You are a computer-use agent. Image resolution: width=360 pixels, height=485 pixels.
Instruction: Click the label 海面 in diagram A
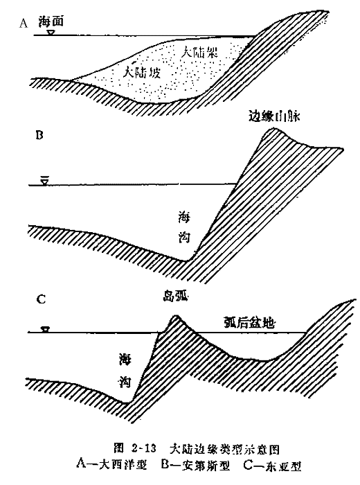51,21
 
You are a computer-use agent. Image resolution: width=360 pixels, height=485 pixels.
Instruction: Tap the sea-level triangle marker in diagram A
50,33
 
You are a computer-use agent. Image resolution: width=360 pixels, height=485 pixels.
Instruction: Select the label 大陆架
199,52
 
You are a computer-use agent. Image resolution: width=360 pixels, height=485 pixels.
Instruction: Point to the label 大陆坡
142,72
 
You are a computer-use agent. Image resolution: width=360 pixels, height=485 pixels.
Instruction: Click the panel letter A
24,23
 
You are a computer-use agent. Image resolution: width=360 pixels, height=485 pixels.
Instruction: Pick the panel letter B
39,135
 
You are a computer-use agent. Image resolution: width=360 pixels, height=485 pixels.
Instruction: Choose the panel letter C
41,299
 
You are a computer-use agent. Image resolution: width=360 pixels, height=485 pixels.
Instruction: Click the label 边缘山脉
274,116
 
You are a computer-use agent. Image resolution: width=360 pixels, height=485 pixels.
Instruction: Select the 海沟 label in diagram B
184,227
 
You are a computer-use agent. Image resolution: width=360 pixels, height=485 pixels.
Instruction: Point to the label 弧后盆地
249,324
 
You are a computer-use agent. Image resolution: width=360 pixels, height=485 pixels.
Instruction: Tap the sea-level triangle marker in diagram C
46,329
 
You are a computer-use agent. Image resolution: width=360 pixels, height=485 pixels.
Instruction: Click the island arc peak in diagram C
177,316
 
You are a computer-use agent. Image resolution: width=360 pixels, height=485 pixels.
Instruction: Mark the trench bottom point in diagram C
125,403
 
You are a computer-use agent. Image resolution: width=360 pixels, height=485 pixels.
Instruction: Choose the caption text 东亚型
283,465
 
